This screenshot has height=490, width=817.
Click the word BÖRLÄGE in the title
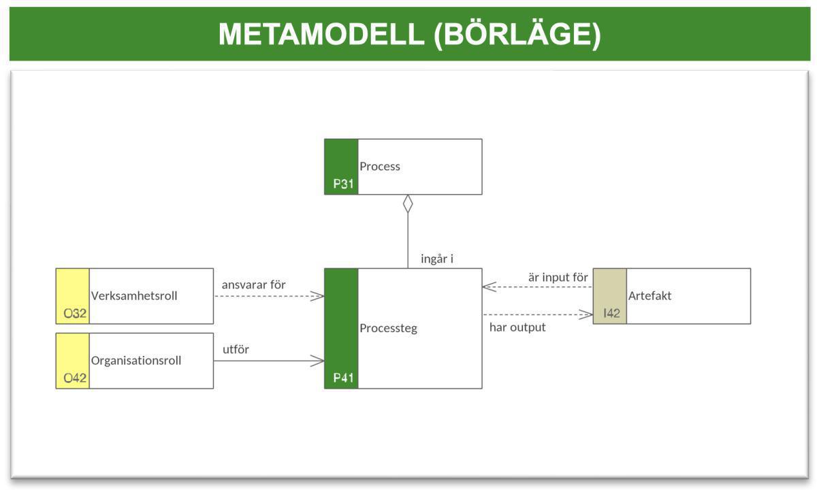point(517,34)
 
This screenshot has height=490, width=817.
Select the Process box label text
point(380,166)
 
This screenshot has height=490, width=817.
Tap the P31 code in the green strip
point(343,184)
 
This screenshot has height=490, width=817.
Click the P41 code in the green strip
point(343,378)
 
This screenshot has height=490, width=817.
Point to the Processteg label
point(388,328)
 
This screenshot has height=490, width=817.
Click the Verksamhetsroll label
point(134,296)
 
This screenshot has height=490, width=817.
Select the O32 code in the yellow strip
point(75,314)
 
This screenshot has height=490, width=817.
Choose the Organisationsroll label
point(136,361)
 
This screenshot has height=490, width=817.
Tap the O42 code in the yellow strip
point(75,378)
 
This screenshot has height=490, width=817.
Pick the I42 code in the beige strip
point(611,314)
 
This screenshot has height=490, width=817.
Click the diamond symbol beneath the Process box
point(408,203)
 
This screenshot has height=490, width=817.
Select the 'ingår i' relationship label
point(436,259)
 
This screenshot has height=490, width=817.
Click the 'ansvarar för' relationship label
point(253,284)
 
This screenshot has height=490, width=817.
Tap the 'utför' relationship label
point(236,349)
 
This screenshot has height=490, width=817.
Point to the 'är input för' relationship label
point(558,277)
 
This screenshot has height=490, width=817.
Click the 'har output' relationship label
point(517,327)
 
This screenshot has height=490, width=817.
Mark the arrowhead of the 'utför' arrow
point(318,361)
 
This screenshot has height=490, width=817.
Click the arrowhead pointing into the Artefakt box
point(587,314)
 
